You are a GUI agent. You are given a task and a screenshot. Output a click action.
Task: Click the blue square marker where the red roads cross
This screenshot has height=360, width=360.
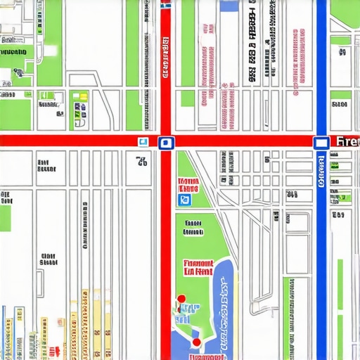coord(165,143)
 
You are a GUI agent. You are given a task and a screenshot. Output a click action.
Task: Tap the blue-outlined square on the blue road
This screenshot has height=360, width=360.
coord(321,143)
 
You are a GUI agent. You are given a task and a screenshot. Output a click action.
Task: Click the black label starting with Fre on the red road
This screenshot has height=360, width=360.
coord(347,142)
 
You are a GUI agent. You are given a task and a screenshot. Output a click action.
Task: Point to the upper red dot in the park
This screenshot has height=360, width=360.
coord(181,298)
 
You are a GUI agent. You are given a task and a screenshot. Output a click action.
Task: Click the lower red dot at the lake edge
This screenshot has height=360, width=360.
coord(196,342)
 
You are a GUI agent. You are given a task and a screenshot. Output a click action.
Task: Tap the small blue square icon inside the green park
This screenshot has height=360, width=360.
coord(185,200)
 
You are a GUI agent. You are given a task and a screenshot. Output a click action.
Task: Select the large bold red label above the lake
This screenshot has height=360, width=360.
coord(198,266)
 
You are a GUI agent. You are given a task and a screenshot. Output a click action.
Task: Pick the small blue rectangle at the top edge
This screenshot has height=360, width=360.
coord(229,5)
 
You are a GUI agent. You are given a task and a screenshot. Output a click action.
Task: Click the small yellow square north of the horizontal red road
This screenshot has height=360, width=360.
coord(83,96)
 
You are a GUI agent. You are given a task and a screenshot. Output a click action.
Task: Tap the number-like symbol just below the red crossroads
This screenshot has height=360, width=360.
coord(142,162)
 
